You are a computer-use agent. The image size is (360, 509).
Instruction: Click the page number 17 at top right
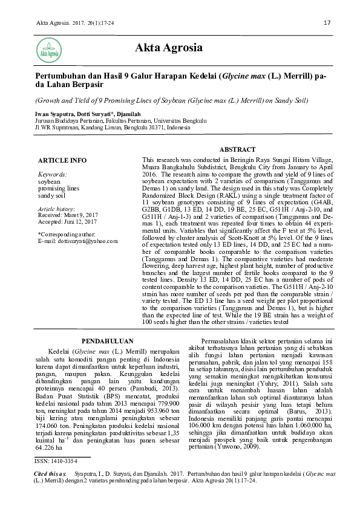pyautogui.click(x=327, y=24)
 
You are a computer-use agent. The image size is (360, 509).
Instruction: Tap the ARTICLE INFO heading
pyautogui.click(x=62, y=160)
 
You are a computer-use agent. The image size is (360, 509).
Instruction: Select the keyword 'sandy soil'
pyautogui.click(x=52, y=195)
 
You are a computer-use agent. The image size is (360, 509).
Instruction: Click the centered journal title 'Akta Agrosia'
pyautogui.click(x=169, y=48)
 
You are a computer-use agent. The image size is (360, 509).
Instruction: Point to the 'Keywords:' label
pyautogui.click(x=52, y=173)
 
